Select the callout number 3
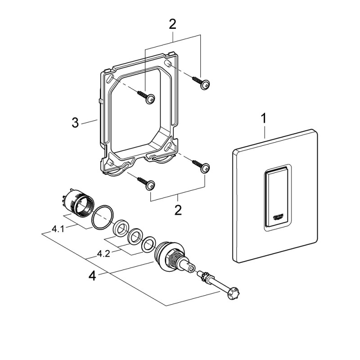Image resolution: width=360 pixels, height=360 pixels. point(75,122)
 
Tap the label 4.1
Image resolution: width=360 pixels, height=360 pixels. point(58,229)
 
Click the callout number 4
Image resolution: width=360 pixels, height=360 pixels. point(92,275)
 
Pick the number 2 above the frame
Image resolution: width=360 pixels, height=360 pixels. point(172,24)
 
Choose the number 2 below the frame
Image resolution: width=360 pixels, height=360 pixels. point(178,210)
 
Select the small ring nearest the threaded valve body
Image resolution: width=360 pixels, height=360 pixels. point(148,246)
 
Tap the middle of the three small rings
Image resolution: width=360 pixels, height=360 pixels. point(134,237)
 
